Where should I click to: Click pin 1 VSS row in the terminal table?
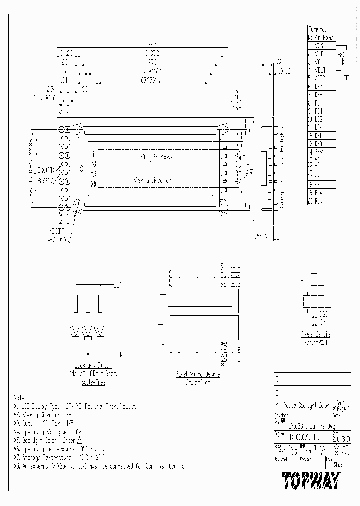point(319,45)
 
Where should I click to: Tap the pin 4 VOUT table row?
point(319,70)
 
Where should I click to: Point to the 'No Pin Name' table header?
point(320,37)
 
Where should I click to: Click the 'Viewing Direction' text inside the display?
point(153,179)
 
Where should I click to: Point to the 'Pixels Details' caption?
point(316,334)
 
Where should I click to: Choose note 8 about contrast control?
point(100,466)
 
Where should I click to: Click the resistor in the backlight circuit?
point(88,339)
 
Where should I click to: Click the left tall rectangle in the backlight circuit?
point(76,302)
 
